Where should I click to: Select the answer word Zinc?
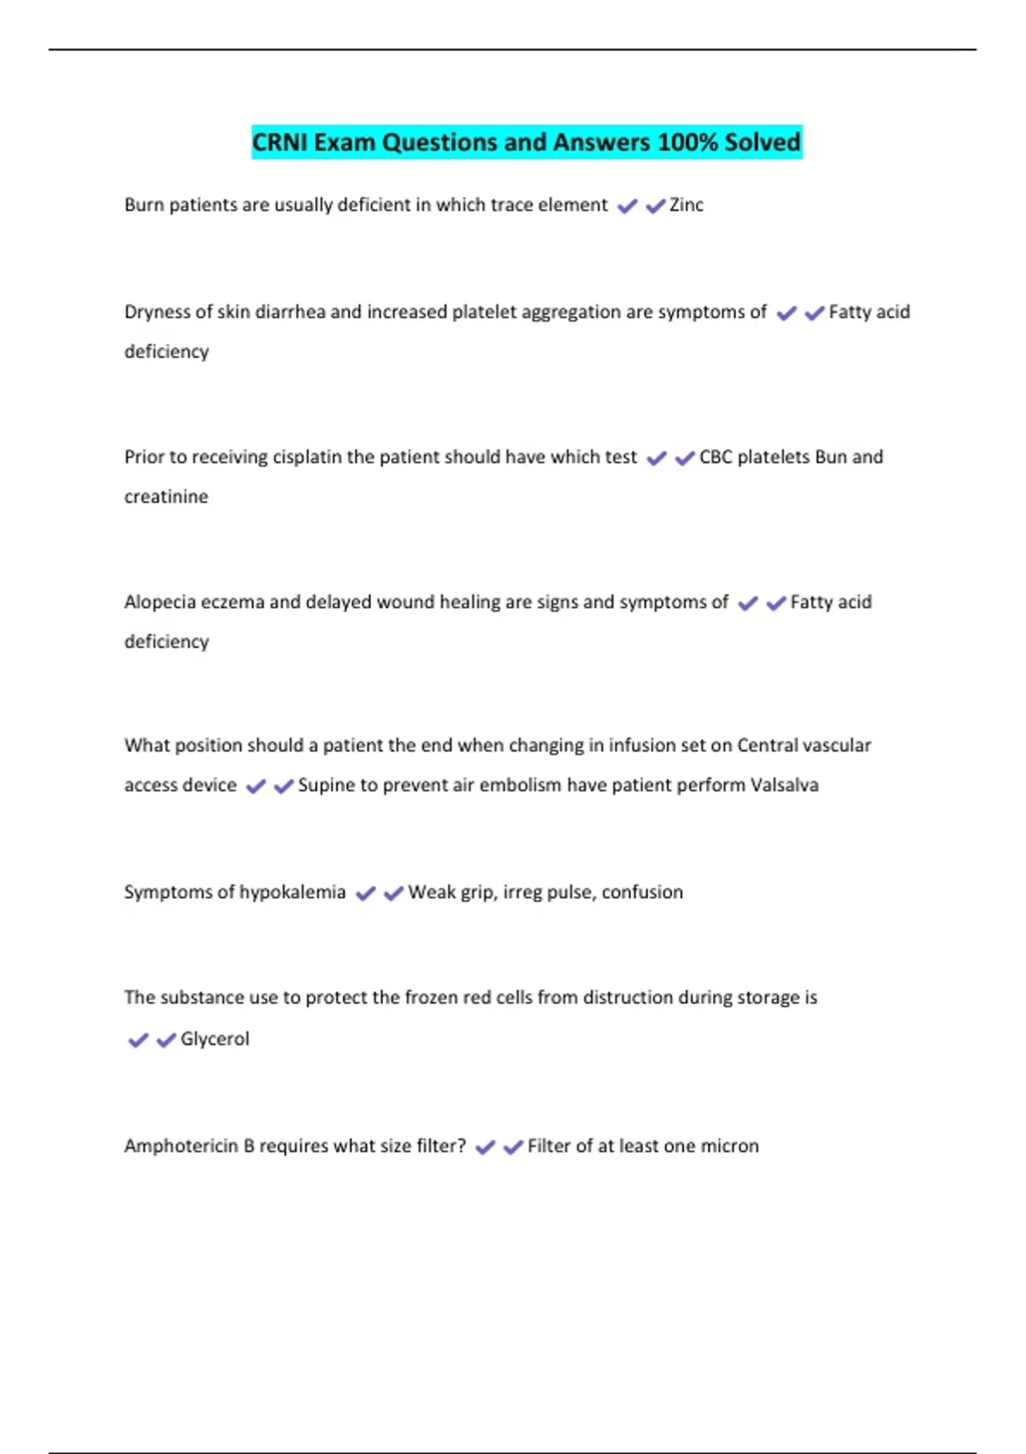[x=686, y=205]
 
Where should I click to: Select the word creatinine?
[x=166, y=497]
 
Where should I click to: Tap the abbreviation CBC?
[x=716, y=458]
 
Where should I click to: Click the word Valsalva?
[x=784, y=785]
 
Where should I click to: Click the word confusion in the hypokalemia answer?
[x=642, y=893]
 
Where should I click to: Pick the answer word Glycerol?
[x=215, y=1039]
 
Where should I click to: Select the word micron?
[x=729, y=1146]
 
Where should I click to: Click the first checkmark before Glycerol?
[x=138, y=1040]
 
